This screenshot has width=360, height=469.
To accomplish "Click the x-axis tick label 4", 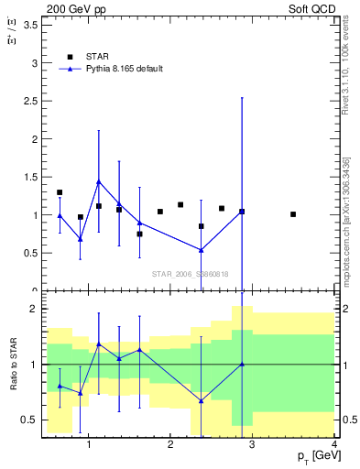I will (333, 445).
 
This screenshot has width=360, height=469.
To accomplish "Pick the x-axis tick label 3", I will (252, 445).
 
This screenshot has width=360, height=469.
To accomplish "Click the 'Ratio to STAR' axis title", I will (14, 365).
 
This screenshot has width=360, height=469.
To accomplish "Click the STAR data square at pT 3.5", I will (293, 214).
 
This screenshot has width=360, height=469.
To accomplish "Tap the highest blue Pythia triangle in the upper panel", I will (99, 182).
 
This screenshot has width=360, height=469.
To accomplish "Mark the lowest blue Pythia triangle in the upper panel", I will (201, 250).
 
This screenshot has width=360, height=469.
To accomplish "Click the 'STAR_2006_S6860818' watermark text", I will (190, 274).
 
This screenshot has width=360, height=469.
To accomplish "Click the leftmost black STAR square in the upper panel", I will (60, 193).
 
